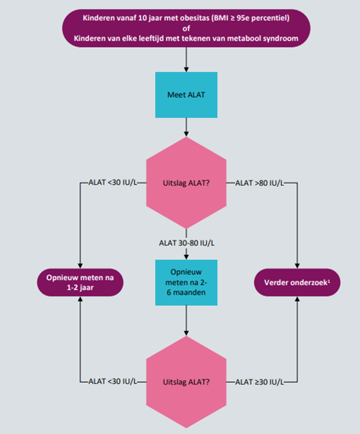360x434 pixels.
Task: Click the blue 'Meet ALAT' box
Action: tap(186, 95)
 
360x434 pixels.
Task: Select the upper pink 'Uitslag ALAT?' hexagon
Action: tap(186, 183)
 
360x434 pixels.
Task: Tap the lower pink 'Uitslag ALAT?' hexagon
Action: tap(186, 382)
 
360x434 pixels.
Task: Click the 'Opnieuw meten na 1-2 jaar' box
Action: tap(80, 282)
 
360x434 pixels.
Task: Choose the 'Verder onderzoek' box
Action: tap(297, 282)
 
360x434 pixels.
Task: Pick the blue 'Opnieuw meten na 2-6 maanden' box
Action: tap(186, 282)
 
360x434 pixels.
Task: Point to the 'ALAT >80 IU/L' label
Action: tap(259, 183)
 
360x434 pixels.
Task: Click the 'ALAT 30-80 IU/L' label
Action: tap(187, 243)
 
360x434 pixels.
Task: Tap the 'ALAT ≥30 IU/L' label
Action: tap(259, 382)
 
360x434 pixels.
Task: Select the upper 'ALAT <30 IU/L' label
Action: tap(113, 182)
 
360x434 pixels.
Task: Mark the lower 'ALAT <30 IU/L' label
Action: tap(113, 382)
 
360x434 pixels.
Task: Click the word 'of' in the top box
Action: tap(186, 28)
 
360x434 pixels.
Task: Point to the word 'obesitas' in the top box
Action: tap(195, 18)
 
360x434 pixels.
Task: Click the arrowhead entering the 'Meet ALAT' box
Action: tap(186, 70)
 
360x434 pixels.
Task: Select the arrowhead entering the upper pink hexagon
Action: tap(186, 134)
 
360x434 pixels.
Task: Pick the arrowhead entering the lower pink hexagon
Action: tap(186, 333)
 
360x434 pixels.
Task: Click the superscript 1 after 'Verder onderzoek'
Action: tap(329, 281)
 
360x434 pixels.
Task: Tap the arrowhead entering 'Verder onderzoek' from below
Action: tap(297, 299)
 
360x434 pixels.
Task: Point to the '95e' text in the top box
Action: tap(243, 18)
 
